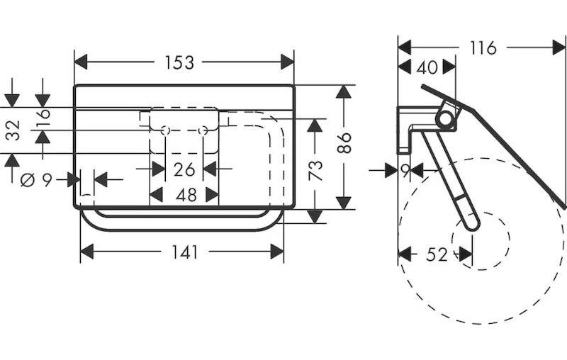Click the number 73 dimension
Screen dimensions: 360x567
click(315, 171)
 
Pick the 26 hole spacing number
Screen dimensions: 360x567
click(184, 170)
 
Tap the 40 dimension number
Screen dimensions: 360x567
click(426, 68)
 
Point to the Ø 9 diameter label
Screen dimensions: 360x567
click(38, 180)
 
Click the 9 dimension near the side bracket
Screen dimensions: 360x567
click(405, 171)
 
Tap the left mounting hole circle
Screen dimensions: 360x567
click(165, 131)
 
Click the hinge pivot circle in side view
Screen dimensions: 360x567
click(445, 118)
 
